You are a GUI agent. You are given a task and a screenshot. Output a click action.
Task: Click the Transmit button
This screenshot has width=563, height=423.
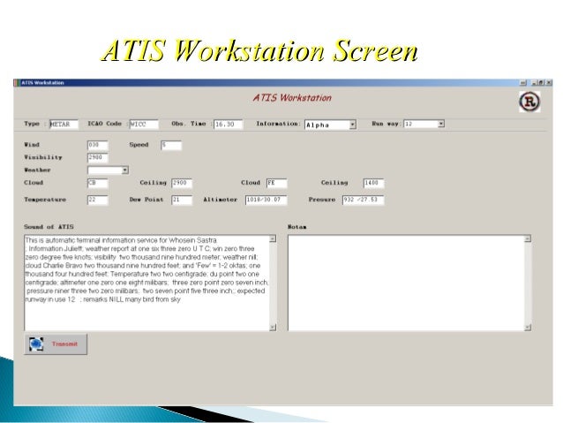[x=56, y=344]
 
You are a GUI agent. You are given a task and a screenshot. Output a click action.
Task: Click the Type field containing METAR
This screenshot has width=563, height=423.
[x=64, y=125]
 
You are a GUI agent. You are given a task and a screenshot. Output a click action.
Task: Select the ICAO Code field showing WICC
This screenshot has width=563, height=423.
[x=142, y=125]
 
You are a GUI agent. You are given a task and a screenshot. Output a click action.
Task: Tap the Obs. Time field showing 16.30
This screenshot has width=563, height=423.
[x=229, y=125]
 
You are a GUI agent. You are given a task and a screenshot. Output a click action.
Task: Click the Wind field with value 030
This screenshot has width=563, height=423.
[x=98, y=144]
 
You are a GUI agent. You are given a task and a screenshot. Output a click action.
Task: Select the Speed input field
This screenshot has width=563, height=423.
[x=170, y=144]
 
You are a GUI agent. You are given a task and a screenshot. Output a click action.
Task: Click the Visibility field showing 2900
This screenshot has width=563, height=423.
[x=98, y=156]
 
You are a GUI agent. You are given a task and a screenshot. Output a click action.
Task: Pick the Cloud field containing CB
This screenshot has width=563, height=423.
[x=98, y=183]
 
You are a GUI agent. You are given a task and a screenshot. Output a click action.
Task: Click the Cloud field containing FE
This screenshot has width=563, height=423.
[x=276, y=183]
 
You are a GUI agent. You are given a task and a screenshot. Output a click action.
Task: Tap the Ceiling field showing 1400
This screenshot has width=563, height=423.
[x=374, y=183]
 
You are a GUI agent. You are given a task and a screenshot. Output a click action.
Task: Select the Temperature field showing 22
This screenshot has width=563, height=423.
[x=98, y=200]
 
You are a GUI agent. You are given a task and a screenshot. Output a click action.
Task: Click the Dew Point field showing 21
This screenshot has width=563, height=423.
[x=181, y=200]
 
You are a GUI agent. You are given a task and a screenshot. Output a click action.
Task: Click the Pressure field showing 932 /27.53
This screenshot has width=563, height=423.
[x=364, y=200]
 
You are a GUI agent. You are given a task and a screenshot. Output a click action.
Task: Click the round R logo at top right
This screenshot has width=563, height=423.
[x=528, y=101]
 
